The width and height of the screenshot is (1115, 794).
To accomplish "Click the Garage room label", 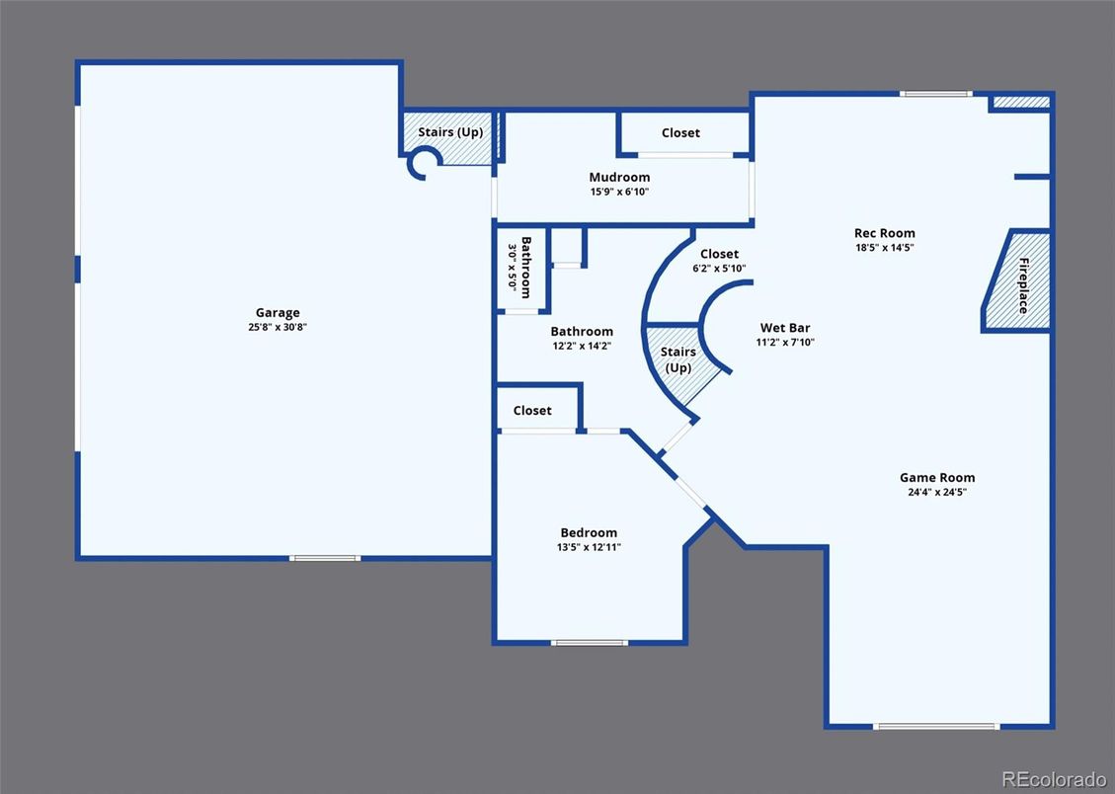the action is [x=278, y=313].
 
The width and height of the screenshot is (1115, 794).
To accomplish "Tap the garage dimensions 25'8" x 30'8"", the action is [x=278, y=327].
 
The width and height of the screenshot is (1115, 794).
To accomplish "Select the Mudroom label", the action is [x=619, y=177].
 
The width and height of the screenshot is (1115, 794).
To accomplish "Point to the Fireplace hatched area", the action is [x=1017, y=280].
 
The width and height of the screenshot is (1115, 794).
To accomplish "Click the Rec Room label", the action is [x=885, y=233].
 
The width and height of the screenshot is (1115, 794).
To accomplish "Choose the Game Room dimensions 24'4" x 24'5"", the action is [x=937, y=492].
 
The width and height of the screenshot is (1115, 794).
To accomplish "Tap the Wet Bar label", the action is [x=785, y=328].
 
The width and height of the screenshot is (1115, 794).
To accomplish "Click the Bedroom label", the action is [x=589, y=532].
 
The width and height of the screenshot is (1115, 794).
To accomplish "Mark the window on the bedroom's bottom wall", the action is [x=590, y=643].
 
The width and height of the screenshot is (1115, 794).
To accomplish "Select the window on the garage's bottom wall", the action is [x=325, y=558].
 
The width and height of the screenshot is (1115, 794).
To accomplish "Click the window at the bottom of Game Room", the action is [x=936, y=726].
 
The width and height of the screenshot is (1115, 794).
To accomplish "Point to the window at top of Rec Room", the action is [x=936, y=94].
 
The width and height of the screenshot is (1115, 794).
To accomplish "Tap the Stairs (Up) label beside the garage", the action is [x=450, y=132].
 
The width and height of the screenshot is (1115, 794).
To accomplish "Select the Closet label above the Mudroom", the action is [x=680, y=133].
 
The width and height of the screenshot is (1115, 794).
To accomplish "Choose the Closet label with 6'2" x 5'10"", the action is [x=719, y=254].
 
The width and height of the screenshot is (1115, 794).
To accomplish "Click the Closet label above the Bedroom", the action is [x=532, y=410].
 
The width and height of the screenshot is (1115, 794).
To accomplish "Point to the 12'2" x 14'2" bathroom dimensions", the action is [x=582, y=347].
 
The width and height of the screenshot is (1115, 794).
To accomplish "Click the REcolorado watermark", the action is [x=1054, y=778].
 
